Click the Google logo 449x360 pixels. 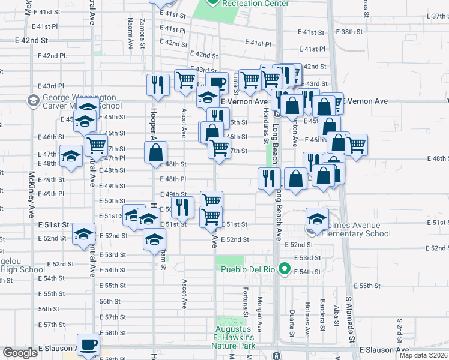(x=20, y=353)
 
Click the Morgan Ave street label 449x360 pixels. (x=260, y=317)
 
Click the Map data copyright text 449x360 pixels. (x=423, y=355)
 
